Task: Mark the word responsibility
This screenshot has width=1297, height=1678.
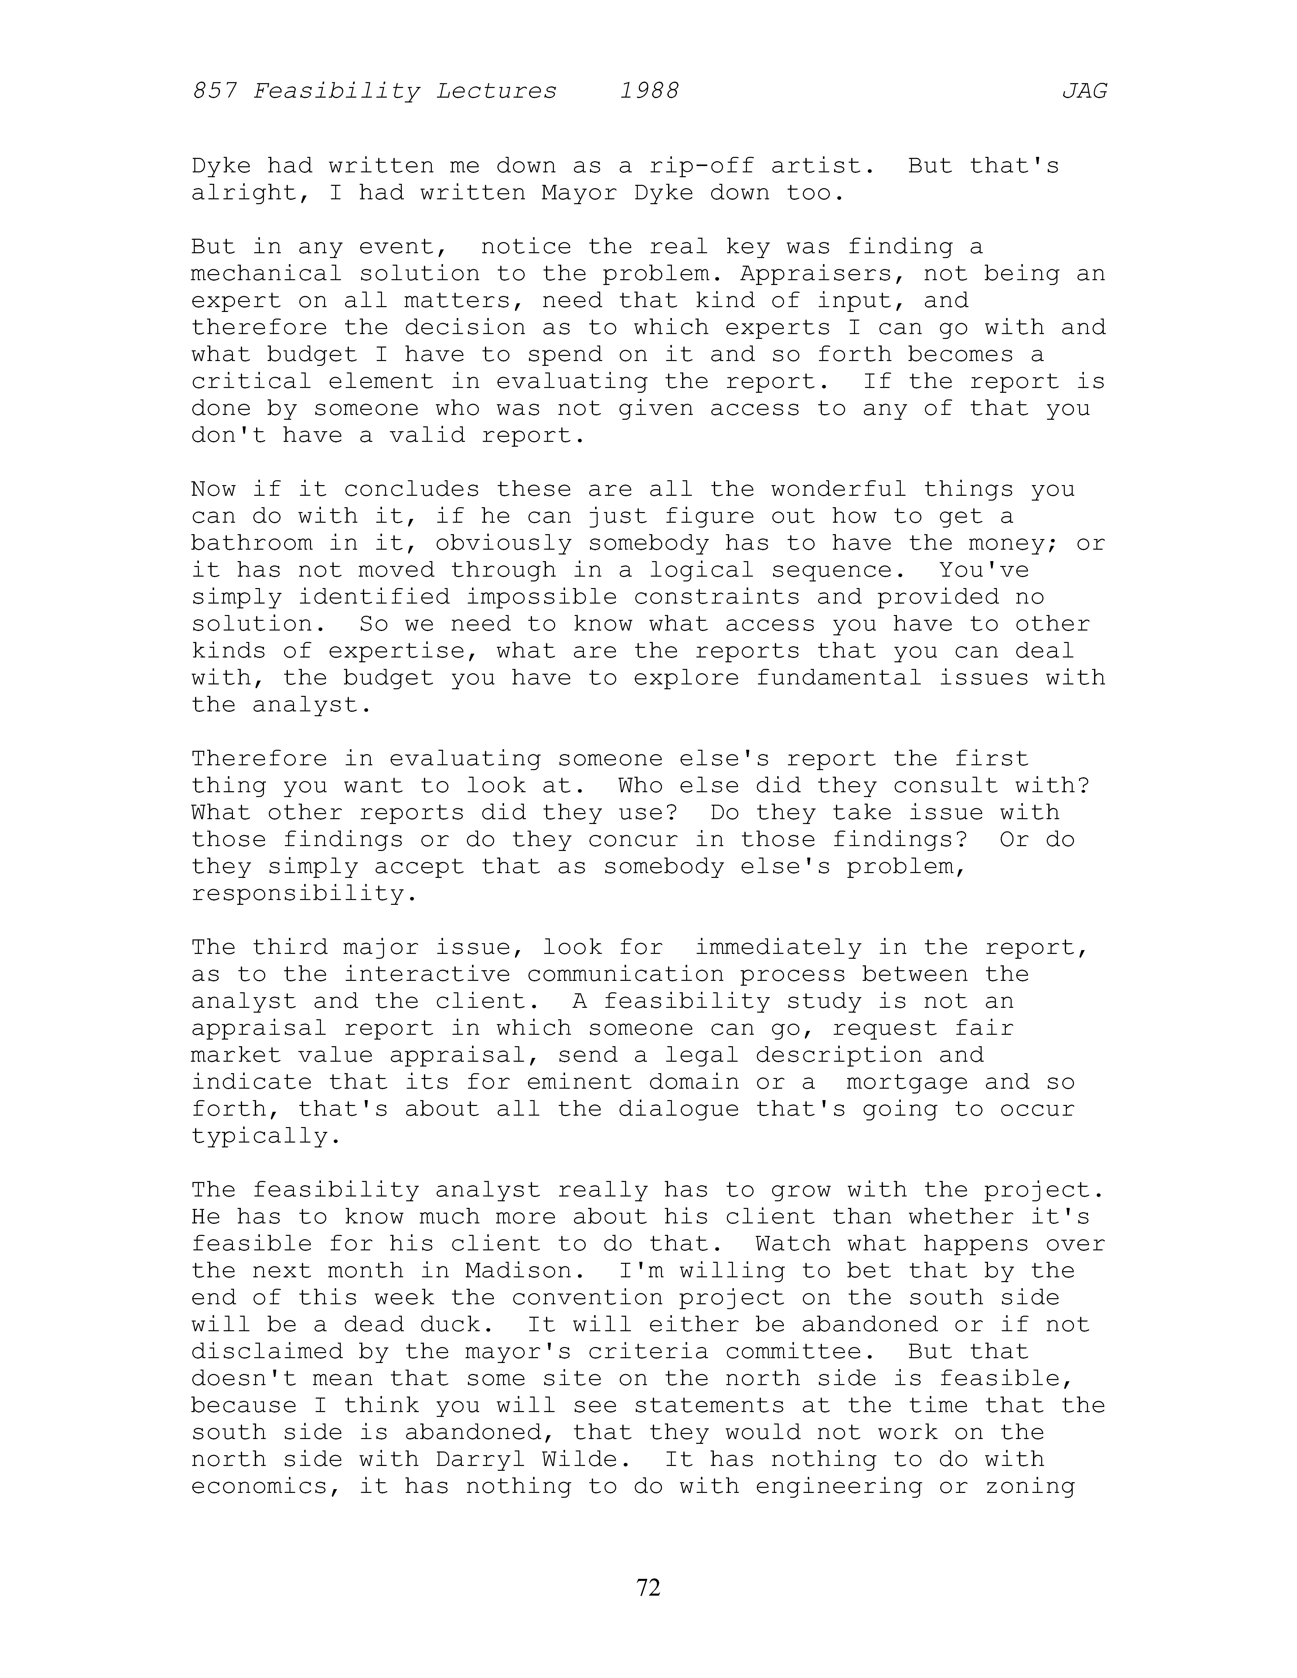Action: click(304, 894)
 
